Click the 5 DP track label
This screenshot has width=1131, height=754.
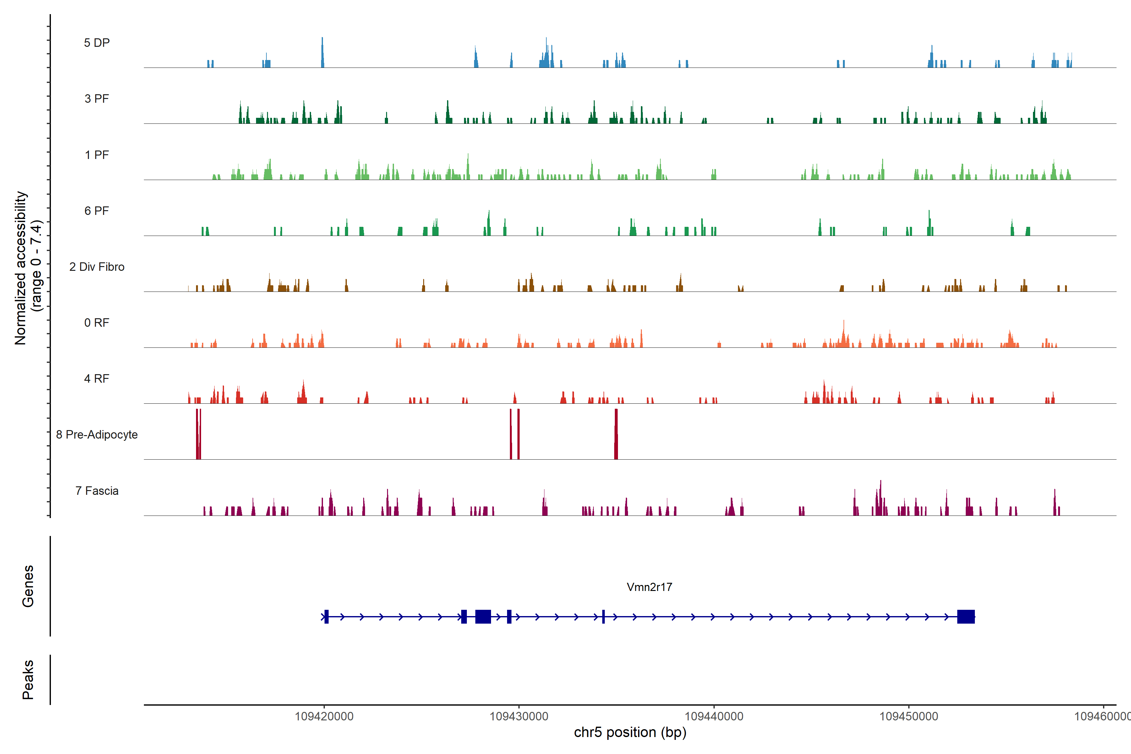coord(97,43)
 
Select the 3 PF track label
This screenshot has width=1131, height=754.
coord(97,99)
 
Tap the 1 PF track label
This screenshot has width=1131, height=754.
coord(97,155)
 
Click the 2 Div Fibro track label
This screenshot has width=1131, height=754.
coord(97,267)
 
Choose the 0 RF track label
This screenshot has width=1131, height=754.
coord(97,323)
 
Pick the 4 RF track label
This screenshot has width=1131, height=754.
coord(97,379)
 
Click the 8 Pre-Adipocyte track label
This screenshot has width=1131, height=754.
coord(97,435)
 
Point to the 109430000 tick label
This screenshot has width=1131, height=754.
coord(519,717)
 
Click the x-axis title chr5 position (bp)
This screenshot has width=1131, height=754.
coord(630,732)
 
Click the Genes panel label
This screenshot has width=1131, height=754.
coord(28,586)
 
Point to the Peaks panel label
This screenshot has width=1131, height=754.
coord(28,680)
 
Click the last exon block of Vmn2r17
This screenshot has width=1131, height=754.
coord(965,616)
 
